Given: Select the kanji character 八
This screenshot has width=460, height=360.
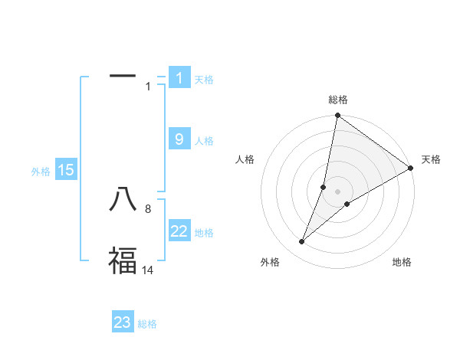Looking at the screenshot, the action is (x=123, y=199).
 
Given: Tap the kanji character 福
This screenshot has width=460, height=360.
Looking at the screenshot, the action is (x=123, y=260).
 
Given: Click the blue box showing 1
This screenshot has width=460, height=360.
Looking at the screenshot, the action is (x=179, y=77).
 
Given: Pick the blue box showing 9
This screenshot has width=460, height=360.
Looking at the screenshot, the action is (x=179, y=139).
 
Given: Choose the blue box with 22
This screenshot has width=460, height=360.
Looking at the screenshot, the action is (x=179, y=231).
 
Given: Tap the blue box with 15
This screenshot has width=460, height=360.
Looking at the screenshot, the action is (x=66, y=170).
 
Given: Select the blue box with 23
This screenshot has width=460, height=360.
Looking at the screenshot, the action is (x=123, y=322).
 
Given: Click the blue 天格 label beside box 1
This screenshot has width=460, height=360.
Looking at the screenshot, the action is (x=204, y=80).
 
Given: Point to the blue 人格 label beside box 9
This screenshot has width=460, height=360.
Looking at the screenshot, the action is (x=204, y=141).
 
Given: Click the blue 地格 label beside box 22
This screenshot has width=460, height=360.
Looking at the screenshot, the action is (x=204, y=233).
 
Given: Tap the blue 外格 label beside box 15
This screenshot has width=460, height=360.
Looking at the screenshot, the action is (x=41, y=172).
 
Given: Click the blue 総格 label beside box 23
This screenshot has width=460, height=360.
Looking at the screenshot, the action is (x=147, y=325).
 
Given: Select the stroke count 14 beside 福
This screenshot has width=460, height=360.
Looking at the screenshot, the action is (x=148, y=270).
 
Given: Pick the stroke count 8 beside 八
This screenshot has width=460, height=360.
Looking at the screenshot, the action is (x=148, y=208).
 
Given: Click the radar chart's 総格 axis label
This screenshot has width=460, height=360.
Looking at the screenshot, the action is (x=338, y=100).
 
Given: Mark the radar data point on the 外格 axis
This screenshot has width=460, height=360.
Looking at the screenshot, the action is (x=302, y=242).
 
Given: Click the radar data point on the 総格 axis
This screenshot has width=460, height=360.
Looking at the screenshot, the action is (x=338, y=116).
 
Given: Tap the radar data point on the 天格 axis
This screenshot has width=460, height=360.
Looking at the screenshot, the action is (x=410, y=169).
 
